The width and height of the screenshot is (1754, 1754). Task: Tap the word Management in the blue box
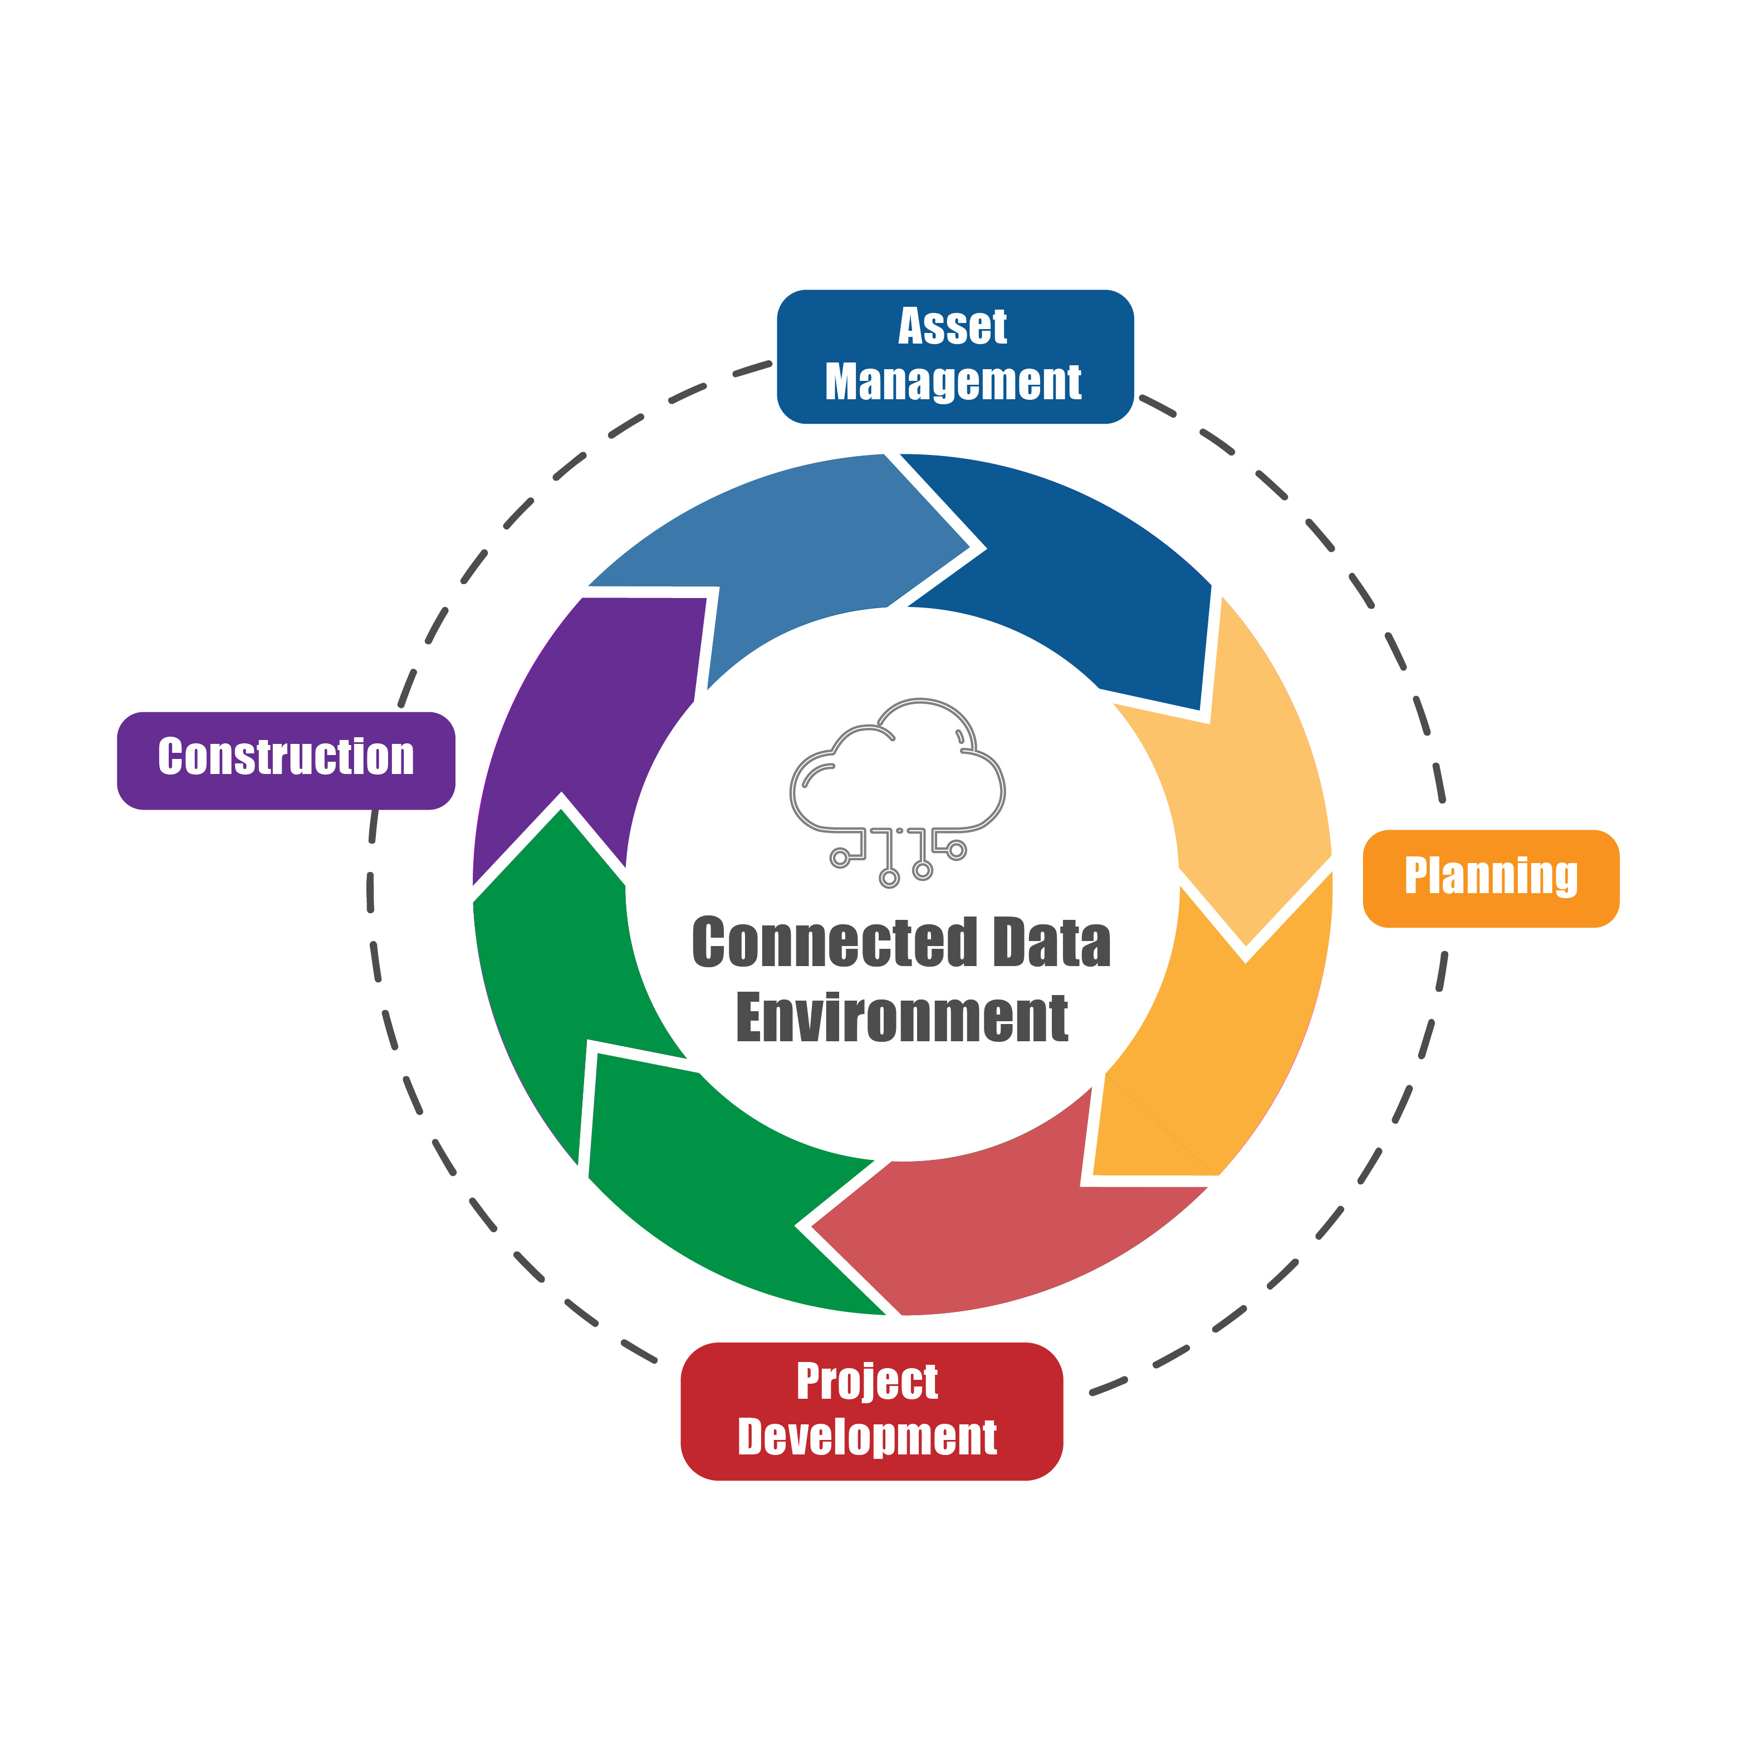coord(953,382)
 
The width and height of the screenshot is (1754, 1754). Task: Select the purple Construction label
coord(286,761)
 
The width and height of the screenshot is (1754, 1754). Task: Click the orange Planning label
coord(1491,879)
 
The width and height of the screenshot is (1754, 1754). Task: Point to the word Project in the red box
coord(867,1383)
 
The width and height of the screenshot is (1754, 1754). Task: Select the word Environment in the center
coord(902,1018)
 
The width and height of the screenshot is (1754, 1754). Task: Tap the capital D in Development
coord(750,1436)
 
